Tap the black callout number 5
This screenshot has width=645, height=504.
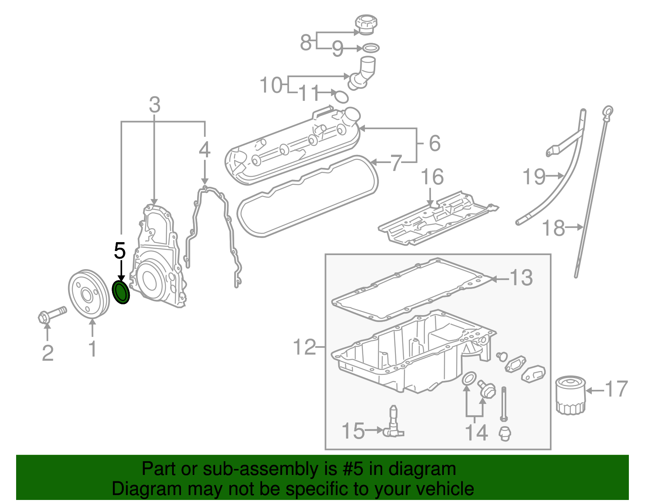click(120, 251)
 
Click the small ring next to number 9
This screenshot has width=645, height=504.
click(371, 49)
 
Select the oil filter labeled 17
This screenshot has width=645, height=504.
click(570, 395)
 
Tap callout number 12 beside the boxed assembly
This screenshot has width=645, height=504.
click(304, 347)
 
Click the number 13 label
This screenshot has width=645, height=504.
click(521, 278)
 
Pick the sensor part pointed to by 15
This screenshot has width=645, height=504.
click(393, 424)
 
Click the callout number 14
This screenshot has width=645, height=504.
click(476, 432)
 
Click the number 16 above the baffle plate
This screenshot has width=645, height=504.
click(432, 177)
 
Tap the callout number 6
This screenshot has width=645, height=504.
click(435, 143)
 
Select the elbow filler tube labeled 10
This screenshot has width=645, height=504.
click(363, 73)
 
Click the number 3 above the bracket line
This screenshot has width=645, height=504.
click(154, 105)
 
